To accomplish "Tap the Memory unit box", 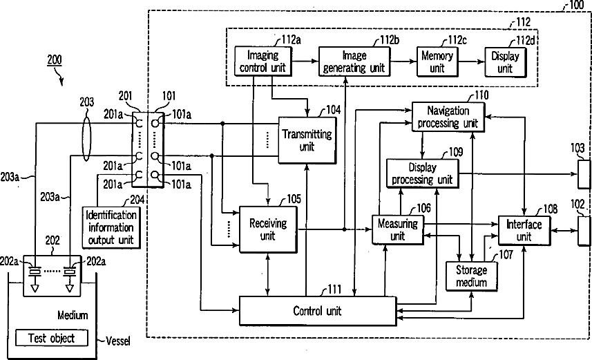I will click(437, 61).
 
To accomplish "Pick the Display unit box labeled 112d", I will click(504, 61).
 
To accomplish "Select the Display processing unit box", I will click(421, 173).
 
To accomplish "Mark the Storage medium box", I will click(471, 276).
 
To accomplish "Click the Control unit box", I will click(317, 311).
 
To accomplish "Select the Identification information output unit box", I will click(111, 227).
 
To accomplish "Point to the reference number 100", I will click(574, 6).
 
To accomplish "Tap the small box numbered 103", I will click(584, 174).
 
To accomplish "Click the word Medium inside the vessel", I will click(73, 315).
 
